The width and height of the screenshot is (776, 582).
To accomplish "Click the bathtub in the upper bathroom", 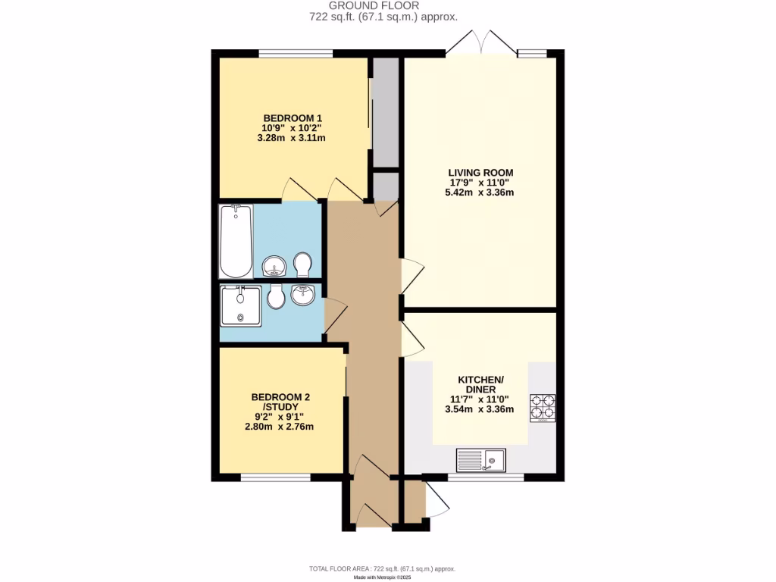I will (x=236, y=242).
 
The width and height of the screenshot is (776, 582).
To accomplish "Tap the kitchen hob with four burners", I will (x=543, y=408).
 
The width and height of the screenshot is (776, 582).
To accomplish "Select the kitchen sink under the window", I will (x=480, y=460).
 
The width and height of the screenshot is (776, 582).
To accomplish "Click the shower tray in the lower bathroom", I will (x=241, y=305).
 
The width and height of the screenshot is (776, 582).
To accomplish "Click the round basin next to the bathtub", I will (x=274, y=266).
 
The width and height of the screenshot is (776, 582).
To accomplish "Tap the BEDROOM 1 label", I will (x=293, y=118).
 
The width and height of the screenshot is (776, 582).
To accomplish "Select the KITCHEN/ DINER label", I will (x=480, y=384).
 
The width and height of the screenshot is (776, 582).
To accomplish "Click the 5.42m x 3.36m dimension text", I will (x=479, y=192).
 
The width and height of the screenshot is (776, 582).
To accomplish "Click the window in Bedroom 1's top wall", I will (x=295, y=53).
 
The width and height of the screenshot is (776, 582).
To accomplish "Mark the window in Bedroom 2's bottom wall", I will (x=275, y=477).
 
